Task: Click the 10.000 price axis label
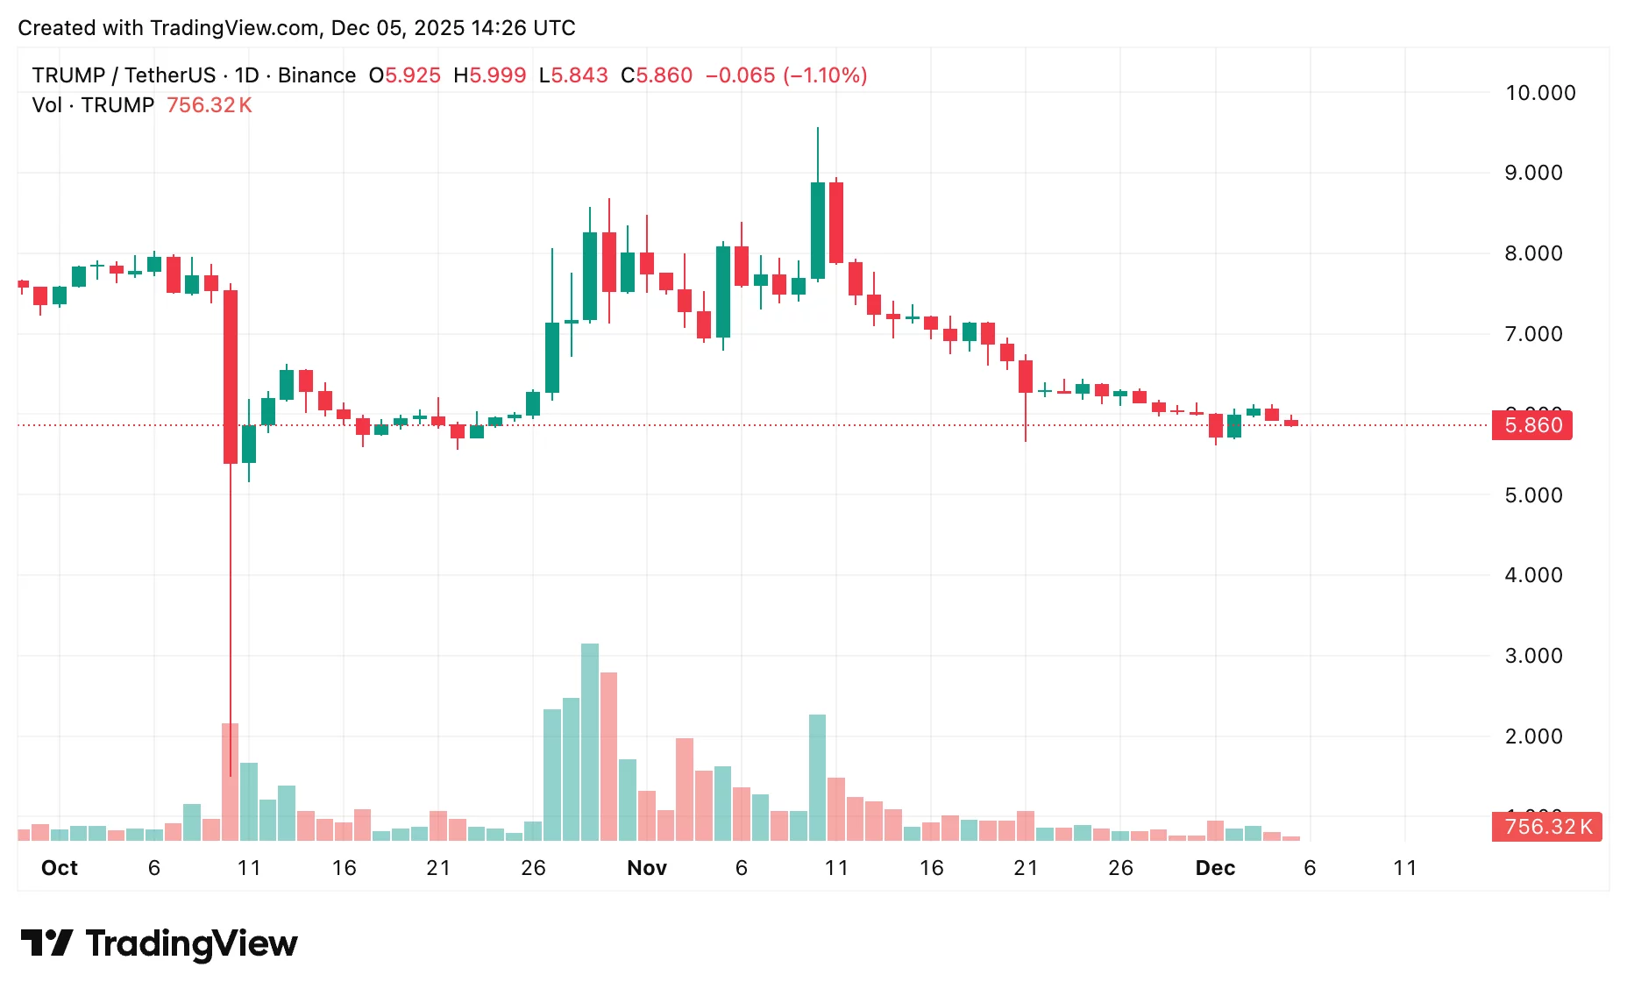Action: [x=1539, y=93]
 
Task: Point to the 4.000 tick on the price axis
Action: [x=1533, y=575]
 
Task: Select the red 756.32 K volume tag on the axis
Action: [x=1546, y=827]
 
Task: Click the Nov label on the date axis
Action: [x=647, y=868]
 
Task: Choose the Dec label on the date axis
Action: [x=1215, y=868]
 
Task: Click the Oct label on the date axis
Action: [x=60, y=868]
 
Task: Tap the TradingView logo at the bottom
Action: [x=159, y=943]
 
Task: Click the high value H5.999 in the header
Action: [x=489, y=75]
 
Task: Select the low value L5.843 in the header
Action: [x=572, y=75]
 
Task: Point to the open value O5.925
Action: [x=404, y=75]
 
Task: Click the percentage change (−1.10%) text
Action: [x=825, y=75]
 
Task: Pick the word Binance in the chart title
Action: [x=316, y=75]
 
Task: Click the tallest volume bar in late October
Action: [x=590, y=742]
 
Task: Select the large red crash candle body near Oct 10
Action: [x=231, y=377]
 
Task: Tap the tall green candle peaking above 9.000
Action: [x=818, y=230]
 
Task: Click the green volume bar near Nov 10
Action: [x=817, y=778]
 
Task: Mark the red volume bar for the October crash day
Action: [x=231, y=782]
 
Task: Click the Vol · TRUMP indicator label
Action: [x=93, y=105]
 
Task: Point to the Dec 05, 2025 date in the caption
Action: [x=397, y=28]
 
